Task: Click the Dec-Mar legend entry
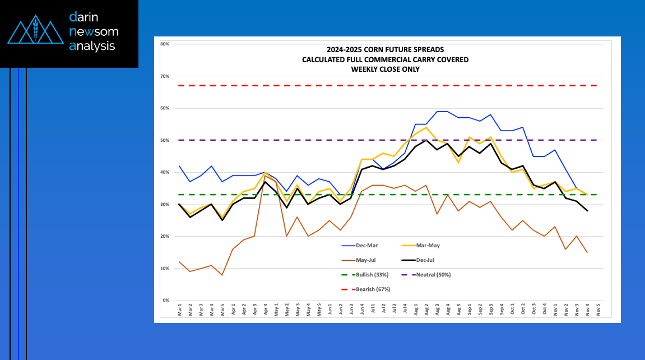pyautogui.click(x=360, y=246)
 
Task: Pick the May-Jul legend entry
pyautogui.click(x=359, y=260)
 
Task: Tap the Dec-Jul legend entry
pyautogui.click(x=418, y=260)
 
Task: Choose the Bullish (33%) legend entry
pyautogui.click(x=365, y=275)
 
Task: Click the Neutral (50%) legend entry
pyautogui.click(x=426, y=275)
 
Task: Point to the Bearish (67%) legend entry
pyautogui.click(x=366, y=289)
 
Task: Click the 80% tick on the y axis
pyautogui.click(x=165, y=44)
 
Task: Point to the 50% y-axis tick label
pyautogui.click(x=165, y=140)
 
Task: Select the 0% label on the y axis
pyautogui.click(x=166, y=301)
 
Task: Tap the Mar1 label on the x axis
pyautogui.click(x=180, y=310)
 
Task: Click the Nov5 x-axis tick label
pyautogui.click(x=598, y=310)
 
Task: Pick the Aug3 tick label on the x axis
pyautogui.click(x=437, y=310)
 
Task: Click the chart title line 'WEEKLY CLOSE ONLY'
pyautogui.click(x=386, y=70)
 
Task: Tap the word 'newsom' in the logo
pyautogui.click(x=94, y=31)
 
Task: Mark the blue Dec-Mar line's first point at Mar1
pyautogui.click(x=179, y=166)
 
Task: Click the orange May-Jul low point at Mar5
pyautogui.click(x=222, y=275)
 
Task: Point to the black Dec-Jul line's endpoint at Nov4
pyautogui.click(x=587, y=211)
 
